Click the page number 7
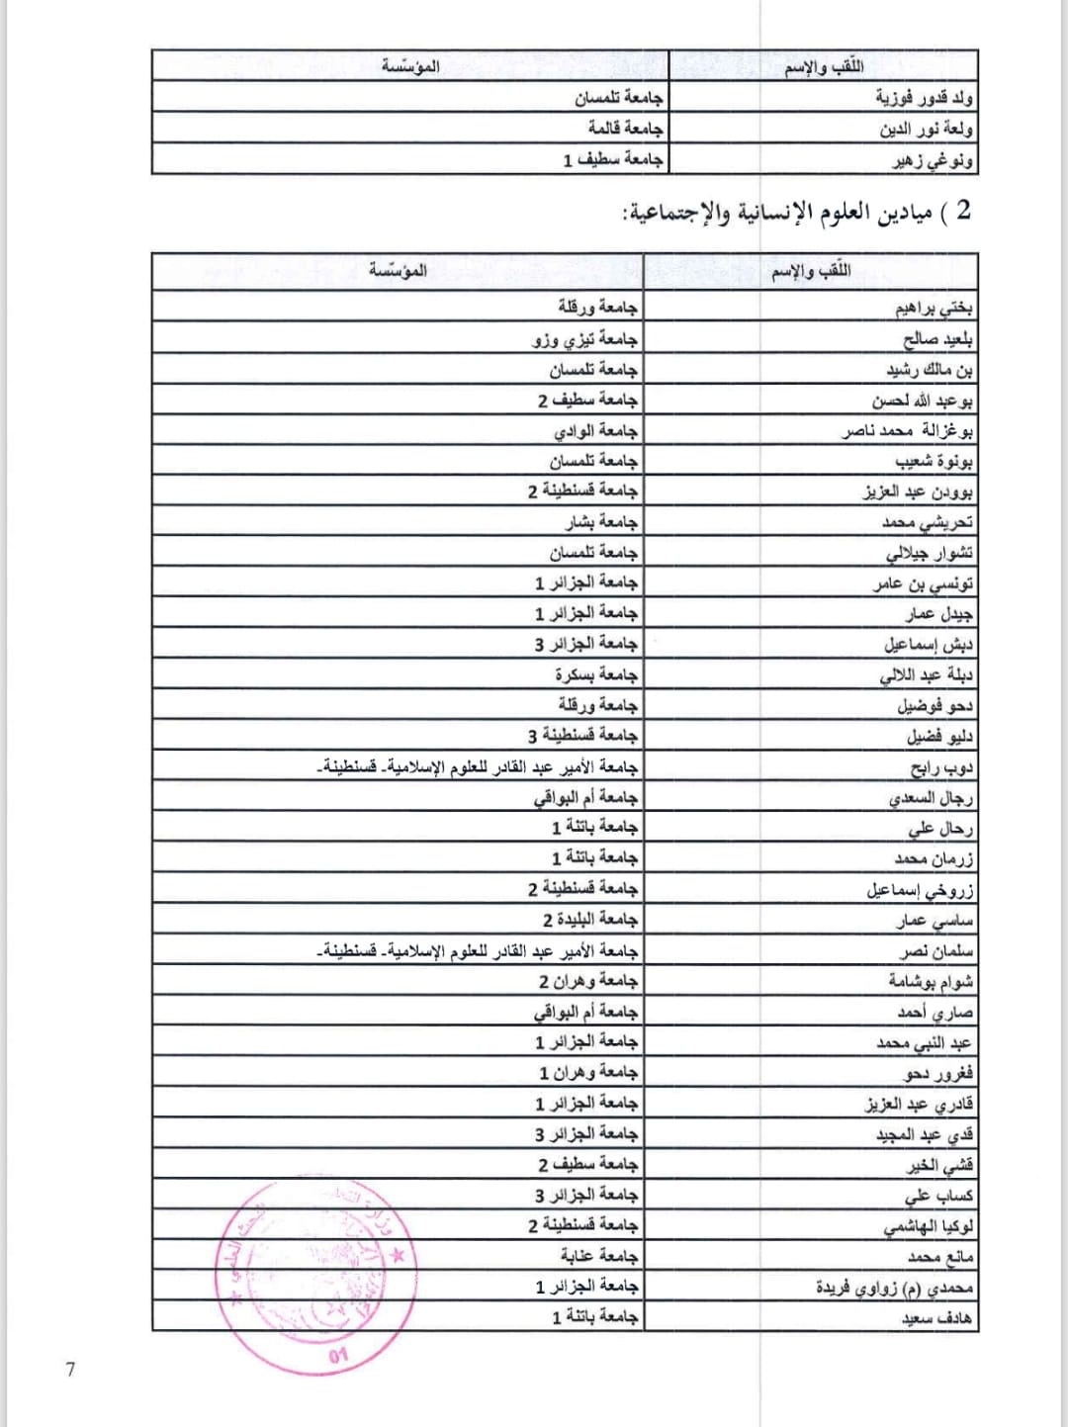(x=70, y=1370)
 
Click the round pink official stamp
(x=316, y=1277)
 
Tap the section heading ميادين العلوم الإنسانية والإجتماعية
(x=797, y=213)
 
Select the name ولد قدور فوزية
(x=924, y=98)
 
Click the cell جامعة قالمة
(x=625, y=129)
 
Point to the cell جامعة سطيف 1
(x=613, y=159)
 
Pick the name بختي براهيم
(x=934, y=309)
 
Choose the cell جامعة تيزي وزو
(x=585, y=339)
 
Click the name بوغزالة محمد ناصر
(x=907, y=431)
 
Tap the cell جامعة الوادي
(x=595, y=431)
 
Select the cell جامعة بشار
(x=602, y=522)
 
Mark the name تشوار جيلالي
(x=929, y=553)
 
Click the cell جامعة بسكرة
(x=596, y=674)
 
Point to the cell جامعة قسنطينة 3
(x=582, y=736)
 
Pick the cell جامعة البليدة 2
(x=589, y=920)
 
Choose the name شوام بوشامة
(x=930, y=981)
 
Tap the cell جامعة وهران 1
(x=588, y=1073)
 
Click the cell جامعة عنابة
(x=599, y=1256)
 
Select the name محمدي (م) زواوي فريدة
(x=894, y=1288)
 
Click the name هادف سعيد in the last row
(x=936, y=1318)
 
